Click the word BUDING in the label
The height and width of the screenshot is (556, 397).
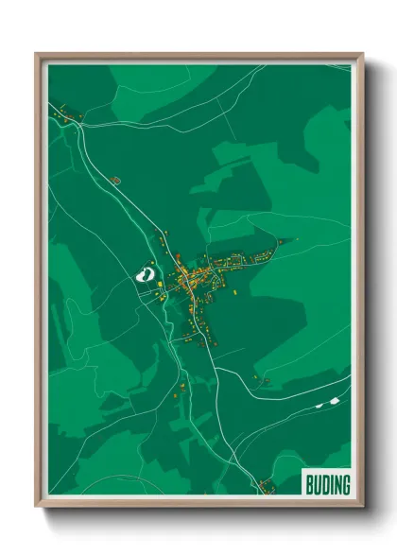coord(327,484)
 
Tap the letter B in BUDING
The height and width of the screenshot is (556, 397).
coord(309,484)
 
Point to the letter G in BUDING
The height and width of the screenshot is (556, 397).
coord(345,484)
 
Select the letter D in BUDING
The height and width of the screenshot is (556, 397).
coord(323,484)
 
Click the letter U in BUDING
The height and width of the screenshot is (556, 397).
coord(316,484)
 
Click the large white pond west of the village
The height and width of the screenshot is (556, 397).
coord(145,275)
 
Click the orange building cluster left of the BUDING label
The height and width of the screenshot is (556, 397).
coord(266,486)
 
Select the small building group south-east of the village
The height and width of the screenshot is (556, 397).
coord(261,381)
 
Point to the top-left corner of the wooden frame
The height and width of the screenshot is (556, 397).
coord(37,55)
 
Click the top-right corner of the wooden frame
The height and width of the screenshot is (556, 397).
coord(362,55)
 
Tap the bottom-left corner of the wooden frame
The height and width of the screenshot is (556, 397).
coord(37,506)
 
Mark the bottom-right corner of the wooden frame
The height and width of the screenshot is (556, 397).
coord(362,506)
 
